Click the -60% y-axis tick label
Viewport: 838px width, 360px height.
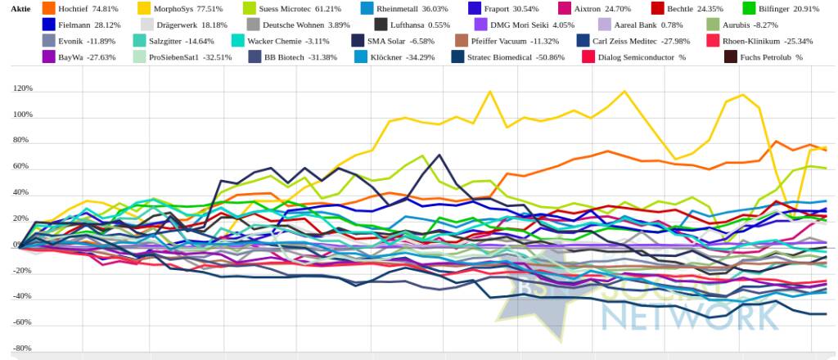[22, 322]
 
